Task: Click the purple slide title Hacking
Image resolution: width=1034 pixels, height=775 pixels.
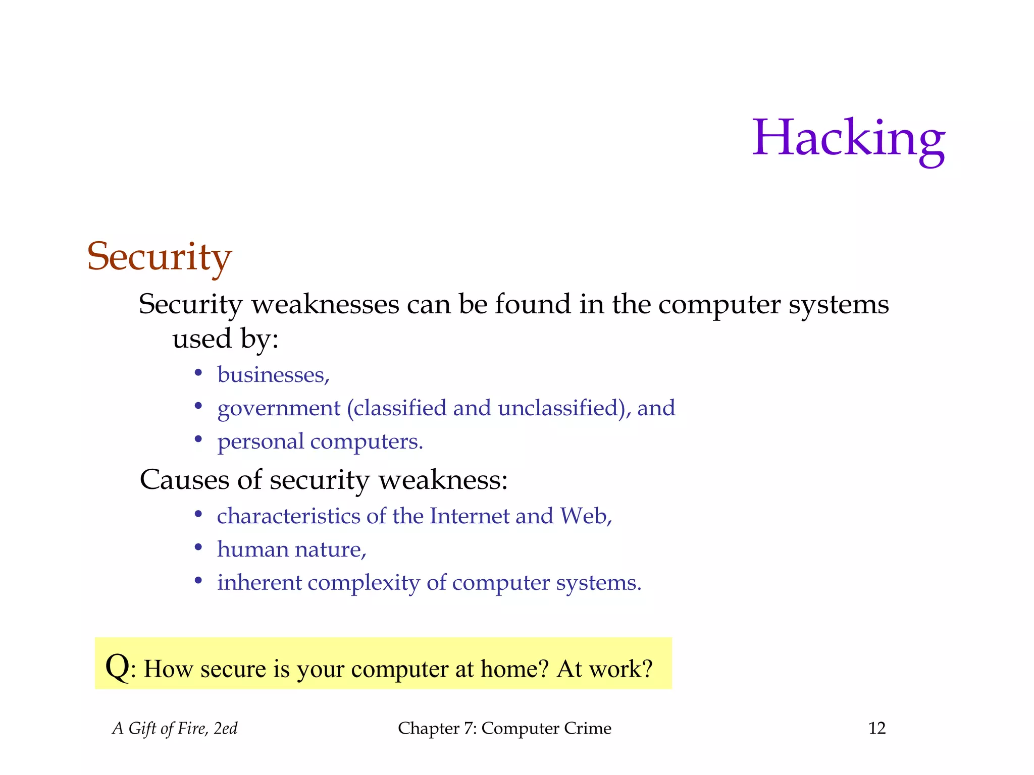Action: point(848,139)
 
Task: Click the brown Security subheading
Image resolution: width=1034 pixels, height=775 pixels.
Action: point(159,257)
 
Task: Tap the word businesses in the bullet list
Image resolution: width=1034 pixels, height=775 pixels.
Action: point(273,375)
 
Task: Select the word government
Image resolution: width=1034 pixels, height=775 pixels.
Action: point(279,409)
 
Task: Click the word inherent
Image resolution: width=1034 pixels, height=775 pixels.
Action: point(259,583)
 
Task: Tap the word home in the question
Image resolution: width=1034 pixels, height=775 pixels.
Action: point(514,669)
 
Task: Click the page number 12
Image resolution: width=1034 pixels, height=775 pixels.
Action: point(877,728)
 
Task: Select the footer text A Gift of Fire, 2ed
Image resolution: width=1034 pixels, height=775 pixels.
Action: point(175,728)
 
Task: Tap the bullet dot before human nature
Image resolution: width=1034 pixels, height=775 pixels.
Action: point(198,547)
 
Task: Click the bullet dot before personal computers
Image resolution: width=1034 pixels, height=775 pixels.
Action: point(198,439)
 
